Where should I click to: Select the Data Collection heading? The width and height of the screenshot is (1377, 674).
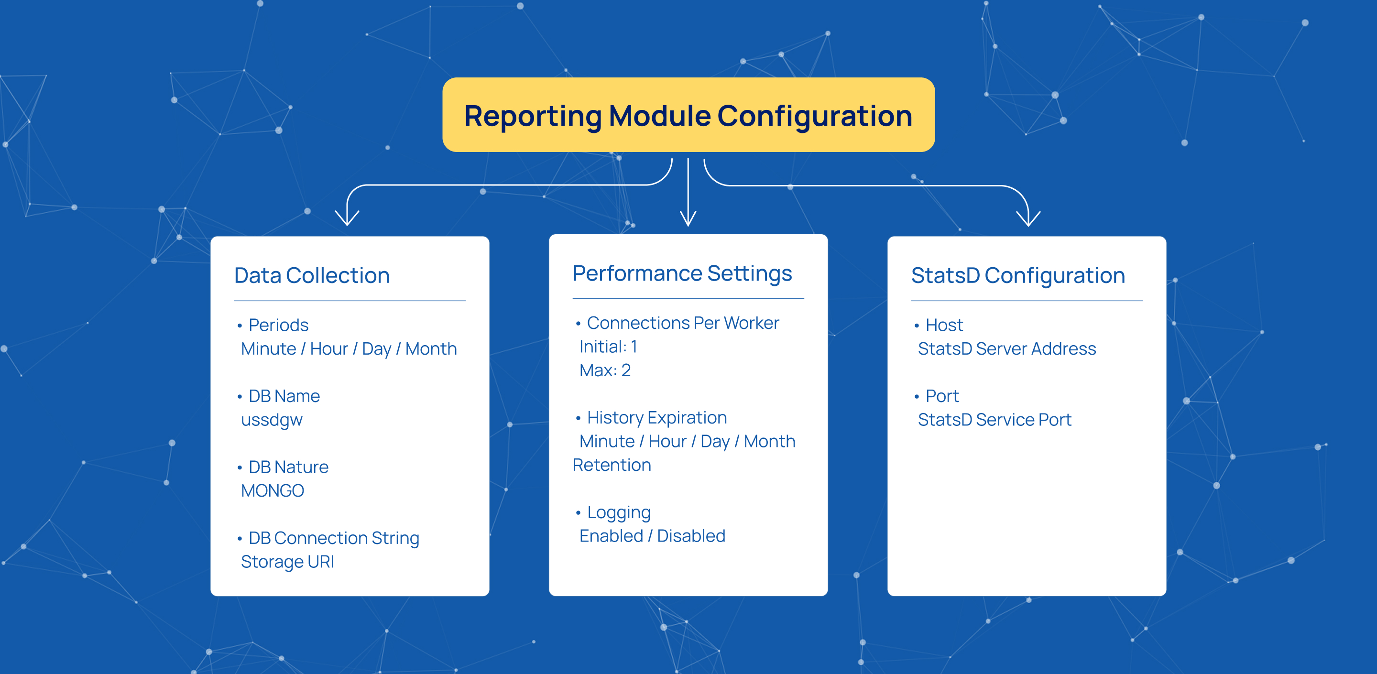click(x=312, y=276)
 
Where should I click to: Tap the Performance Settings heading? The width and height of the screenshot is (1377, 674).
click(x=682, y=273)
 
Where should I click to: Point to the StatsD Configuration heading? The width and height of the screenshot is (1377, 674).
click(x=1018, y=276)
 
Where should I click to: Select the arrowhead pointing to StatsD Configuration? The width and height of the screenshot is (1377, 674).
click(x=1028, y=219)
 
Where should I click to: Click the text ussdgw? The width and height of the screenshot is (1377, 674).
click(x=272, y=420)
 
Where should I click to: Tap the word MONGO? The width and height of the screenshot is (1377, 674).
click(x=273, y=490)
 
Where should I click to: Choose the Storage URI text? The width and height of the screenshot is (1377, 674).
click(x=287, y=562)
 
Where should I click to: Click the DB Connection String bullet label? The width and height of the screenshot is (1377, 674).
click(x=334, y=538)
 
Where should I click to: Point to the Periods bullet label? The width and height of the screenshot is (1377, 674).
click(x=278, y=325)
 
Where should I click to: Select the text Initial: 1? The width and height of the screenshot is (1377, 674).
click(x=608, y=347)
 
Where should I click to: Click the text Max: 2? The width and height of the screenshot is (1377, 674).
click(x=605, y=370)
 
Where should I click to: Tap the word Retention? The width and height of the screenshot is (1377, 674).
click(x=612, y=465)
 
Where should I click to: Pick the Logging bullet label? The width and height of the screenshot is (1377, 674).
click(x=619, y=512)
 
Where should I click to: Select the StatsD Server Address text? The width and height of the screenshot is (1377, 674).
click(x=1006, y=349)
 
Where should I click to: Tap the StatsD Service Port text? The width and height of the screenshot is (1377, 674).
click(x=994, y=420)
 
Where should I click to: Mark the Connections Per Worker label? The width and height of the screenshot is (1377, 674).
click(x=683, y=323)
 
